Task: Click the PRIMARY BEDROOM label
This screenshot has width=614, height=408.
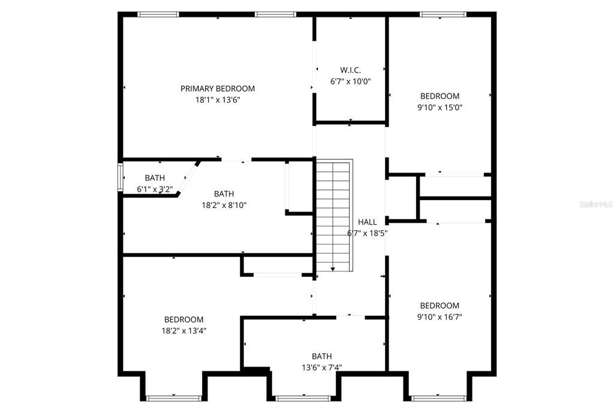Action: point(217,89)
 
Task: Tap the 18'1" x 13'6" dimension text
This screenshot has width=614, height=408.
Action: point(218,99)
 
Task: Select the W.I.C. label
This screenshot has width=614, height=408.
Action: point(350,71)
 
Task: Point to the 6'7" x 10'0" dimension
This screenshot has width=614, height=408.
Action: point(350,81)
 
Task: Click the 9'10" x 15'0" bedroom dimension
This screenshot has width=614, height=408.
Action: point(440,107)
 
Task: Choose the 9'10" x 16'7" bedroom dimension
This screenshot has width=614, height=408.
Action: point(440,317)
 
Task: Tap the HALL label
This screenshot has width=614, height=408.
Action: point(368,222)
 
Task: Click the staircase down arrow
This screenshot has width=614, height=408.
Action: point(332,269)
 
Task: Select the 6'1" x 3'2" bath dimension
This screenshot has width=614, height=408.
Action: point(155,189)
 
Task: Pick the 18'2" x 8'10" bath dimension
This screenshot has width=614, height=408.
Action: point(224,205)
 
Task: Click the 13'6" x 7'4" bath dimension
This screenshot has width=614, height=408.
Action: point(322,368)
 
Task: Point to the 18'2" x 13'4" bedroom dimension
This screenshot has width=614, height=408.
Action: point(184,331)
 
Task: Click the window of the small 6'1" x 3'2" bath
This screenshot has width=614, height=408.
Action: point(121,178)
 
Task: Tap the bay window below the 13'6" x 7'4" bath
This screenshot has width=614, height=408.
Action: point(303,398)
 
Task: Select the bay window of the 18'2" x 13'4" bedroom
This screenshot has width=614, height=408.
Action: point(174,398)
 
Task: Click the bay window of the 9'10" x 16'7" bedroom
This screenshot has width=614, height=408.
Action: point(439,398)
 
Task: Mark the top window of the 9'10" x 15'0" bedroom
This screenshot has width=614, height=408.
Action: point(443,14)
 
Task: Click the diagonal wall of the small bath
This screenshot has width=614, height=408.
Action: point(188,178)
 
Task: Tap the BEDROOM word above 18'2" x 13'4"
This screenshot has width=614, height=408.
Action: point(183,319)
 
